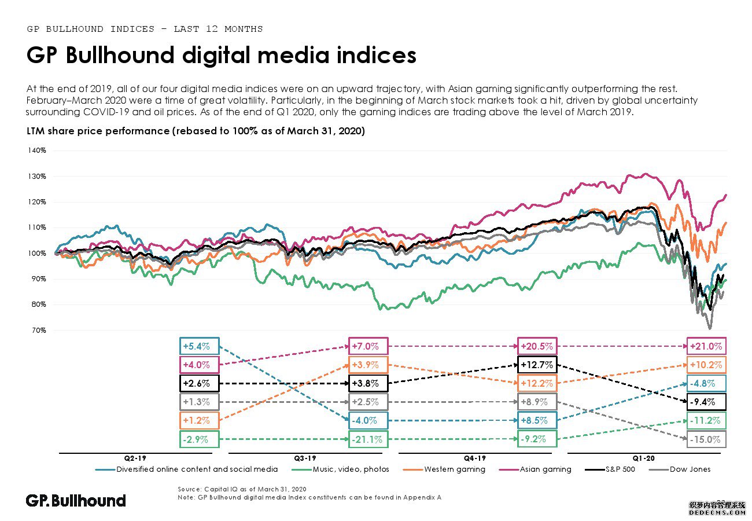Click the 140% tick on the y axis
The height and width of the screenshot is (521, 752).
tap(36, 151)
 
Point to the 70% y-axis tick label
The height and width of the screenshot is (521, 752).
tap(38, 331)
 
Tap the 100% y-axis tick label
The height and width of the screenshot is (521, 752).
tap(36, 254)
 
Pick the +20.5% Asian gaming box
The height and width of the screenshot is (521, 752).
tap(537, 347)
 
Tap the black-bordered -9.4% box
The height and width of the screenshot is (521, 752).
tap(706, 402)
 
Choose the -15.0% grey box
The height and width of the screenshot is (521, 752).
tap(706, 439)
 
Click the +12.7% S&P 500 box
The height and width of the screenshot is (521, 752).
tap(537, 365)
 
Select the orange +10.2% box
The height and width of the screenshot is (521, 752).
tap(706, 365)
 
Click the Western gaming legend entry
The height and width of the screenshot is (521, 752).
tap(454, 469)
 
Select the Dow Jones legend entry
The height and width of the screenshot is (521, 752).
tap(690, 469)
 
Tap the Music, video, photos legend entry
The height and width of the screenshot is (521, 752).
tap(349, 469)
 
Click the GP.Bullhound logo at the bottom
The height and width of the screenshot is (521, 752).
tap(76, 501)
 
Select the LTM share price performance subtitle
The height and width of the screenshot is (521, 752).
tap(196, 131)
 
